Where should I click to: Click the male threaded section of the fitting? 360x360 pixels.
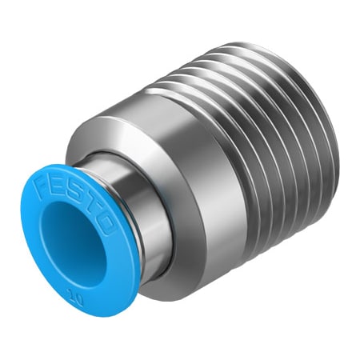264,160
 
